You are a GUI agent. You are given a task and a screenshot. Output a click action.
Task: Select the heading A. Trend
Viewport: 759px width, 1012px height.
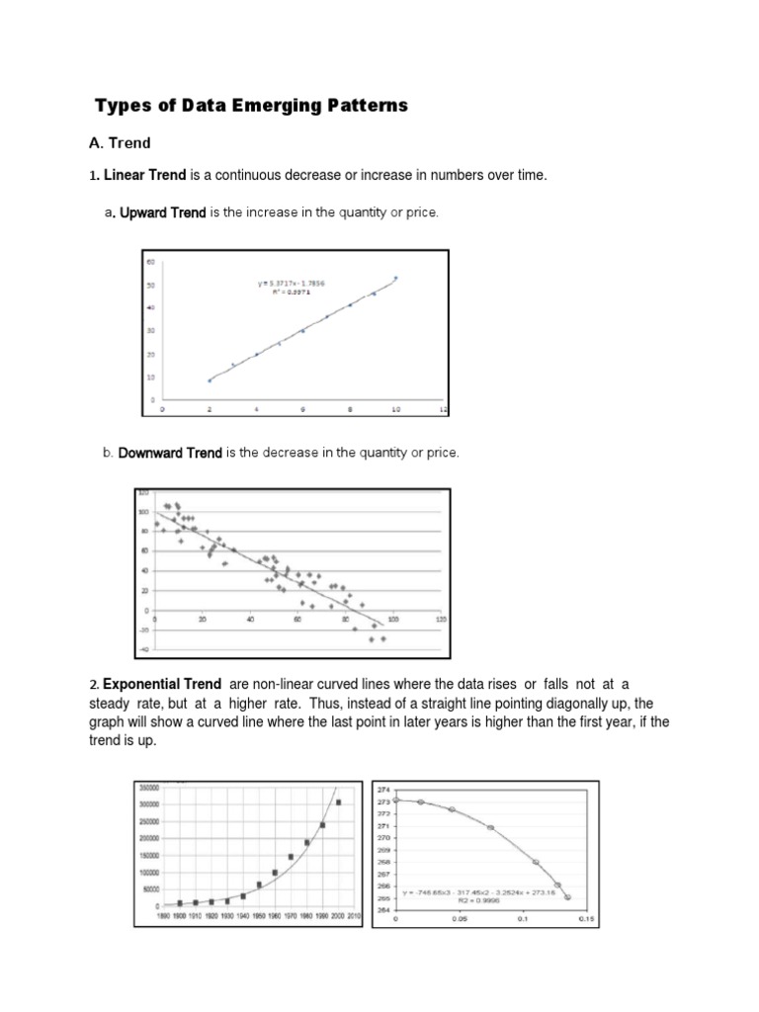120,143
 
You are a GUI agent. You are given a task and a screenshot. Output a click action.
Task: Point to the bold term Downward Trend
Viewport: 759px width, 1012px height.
170,453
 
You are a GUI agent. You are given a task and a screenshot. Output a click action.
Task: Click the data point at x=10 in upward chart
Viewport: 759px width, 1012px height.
396,279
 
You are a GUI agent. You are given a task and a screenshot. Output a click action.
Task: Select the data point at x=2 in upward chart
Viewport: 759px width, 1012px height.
210,379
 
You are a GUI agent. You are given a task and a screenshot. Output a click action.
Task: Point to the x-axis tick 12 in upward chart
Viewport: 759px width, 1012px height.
443,409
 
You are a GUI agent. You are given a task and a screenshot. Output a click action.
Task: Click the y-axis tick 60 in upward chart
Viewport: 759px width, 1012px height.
151,262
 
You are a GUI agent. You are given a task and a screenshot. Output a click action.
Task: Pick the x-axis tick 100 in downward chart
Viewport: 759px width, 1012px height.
392,619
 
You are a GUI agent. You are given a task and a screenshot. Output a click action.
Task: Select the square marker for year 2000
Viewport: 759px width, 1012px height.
338,802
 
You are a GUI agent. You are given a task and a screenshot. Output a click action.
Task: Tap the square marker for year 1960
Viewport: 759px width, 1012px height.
275,873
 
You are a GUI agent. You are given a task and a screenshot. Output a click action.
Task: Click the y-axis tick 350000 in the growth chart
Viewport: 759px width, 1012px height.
150,788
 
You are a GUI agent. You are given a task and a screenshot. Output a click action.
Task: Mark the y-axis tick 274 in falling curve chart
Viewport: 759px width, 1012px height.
384,789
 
